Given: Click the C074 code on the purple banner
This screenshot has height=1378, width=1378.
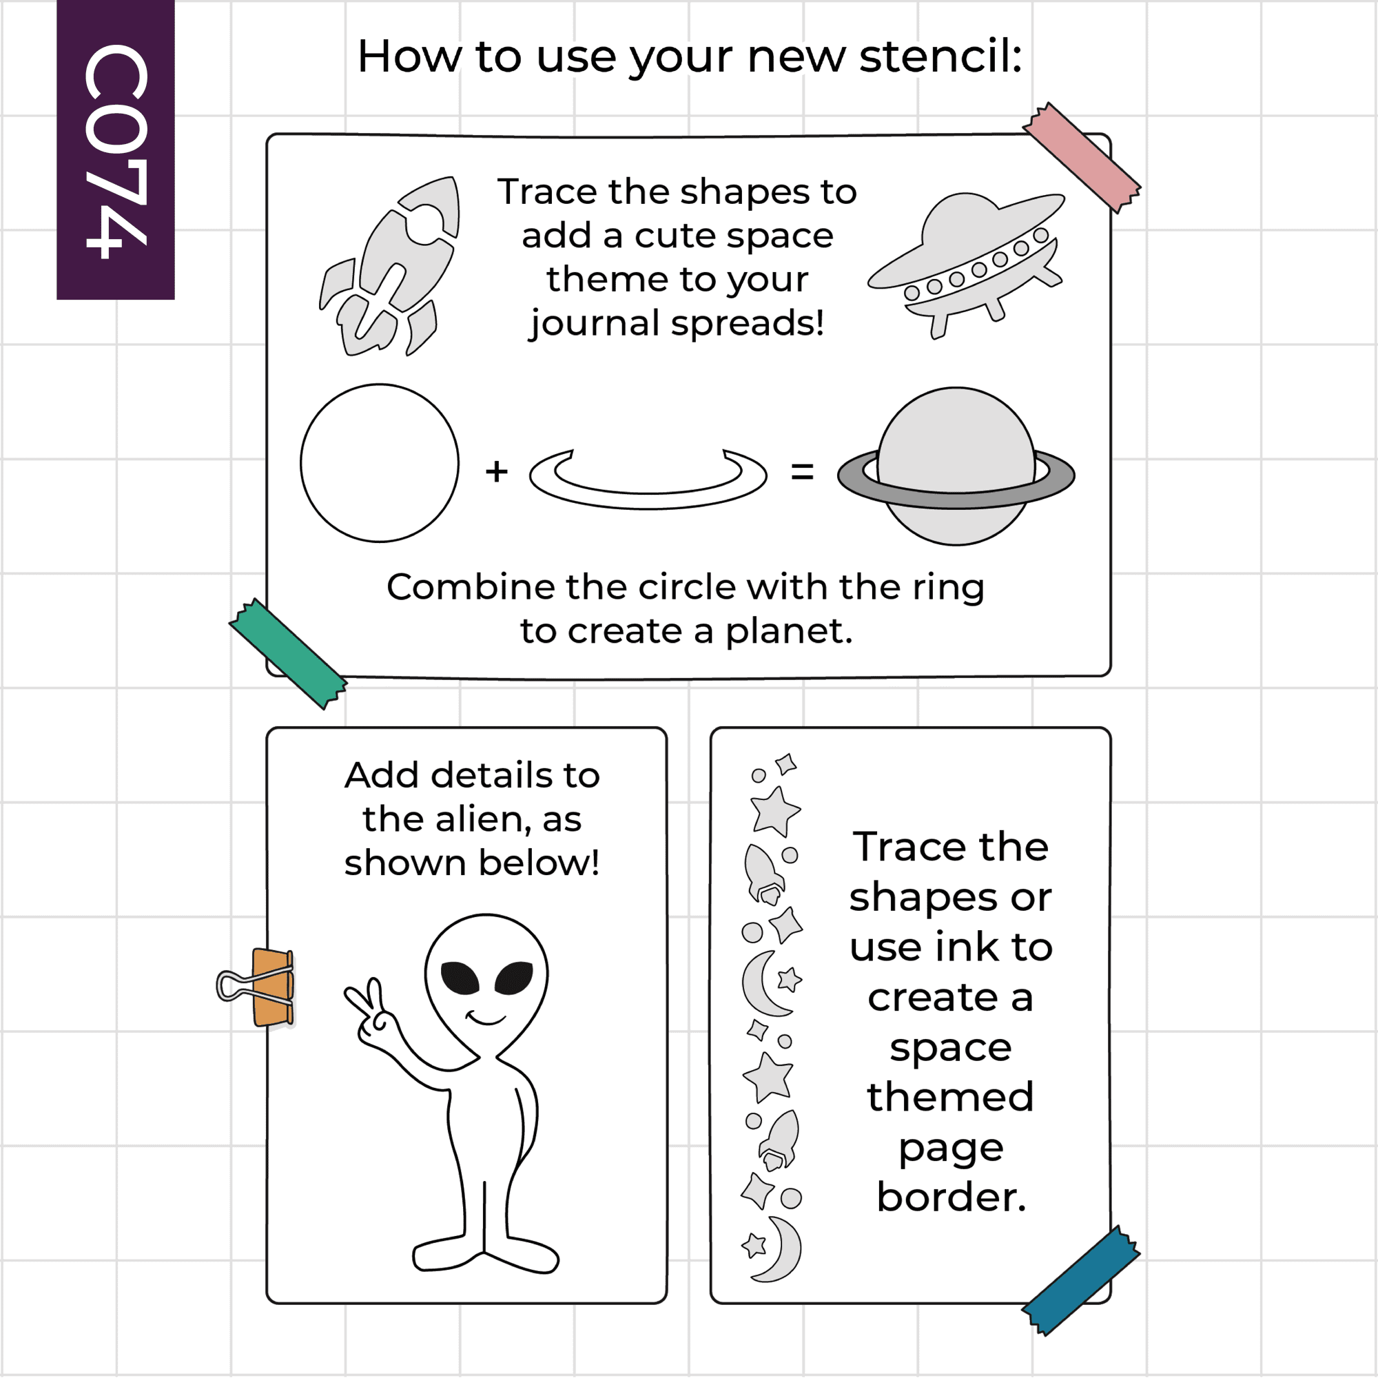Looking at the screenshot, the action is tap(116, 151).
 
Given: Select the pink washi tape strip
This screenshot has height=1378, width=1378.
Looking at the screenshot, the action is tap(1081, 158).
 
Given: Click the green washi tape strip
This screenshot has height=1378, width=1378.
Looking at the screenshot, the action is tap(288, 653).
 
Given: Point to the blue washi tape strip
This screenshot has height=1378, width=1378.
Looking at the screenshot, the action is tap(1080, 1280).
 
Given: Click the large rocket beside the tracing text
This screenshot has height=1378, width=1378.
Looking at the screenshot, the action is tap(389, 266).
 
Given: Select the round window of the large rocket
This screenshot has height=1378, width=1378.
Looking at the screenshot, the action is tap(426, 224).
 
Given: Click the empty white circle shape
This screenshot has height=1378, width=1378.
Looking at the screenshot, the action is tap(380, 463).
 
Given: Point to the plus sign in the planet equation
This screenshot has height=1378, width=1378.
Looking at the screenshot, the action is tap(496, 471).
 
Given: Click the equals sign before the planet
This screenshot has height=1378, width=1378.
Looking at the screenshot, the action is tap(803, 471).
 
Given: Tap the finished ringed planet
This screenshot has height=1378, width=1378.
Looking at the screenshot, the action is tap(956, 466).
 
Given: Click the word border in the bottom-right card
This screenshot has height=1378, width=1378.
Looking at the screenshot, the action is tap(951, 1197).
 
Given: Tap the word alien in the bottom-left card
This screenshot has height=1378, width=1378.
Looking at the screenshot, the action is tap(483, 819).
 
